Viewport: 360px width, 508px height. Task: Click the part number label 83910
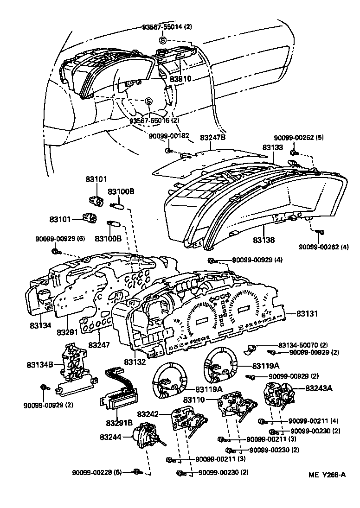(x=180, y=79)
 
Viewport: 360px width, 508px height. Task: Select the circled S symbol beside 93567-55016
(x=148, y=102)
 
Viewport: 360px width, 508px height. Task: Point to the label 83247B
(x=212, y=138)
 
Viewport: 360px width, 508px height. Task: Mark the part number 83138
(x=264, y=240)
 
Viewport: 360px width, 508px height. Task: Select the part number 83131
(x=308, y=314)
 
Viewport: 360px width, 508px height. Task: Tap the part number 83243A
(x=319, y=388)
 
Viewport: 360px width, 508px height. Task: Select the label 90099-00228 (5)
(x=96, y=472)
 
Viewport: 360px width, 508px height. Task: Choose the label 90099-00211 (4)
(x=309, y=421)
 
